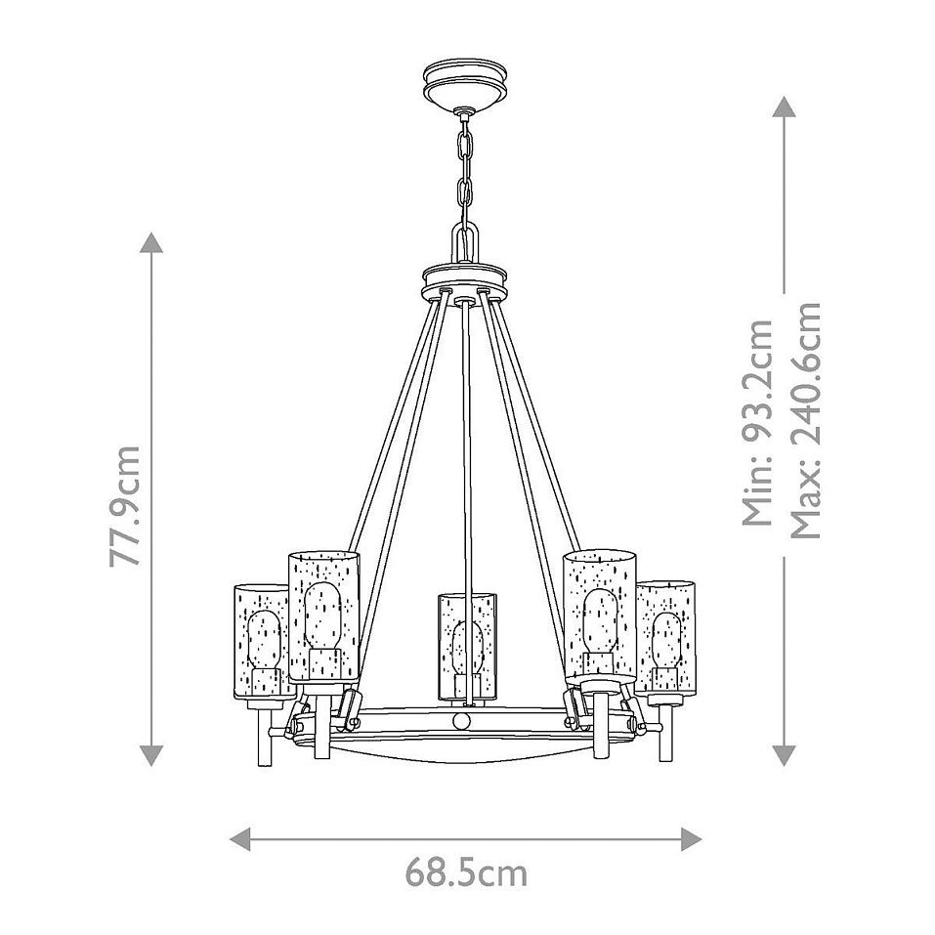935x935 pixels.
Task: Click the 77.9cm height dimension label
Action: click(x=126, y=506)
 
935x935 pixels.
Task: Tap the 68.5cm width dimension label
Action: click(x=466, y=874)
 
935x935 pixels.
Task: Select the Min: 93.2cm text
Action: click(x=757, y=423)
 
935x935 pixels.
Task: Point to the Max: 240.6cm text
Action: click(x=806, y=421)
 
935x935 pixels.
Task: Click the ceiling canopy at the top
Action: click(x=465, y=82)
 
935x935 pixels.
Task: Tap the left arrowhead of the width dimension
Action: click(x=240, y=839)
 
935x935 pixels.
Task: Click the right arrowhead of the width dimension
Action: click(x=691, y=839)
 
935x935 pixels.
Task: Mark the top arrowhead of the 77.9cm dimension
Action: click(x=151, y=242)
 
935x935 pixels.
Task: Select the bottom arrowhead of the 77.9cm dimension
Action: click(x=151, y=755)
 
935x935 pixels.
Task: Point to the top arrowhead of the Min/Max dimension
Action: click(x=784, y=106)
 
